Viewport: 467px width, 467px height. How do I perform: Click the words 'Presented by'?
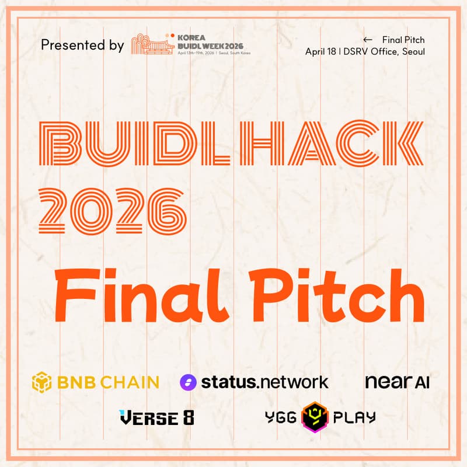click(x=82, y=45)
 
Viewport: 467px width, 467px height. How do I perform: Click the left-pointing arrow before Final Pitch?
click(x=367, y=40)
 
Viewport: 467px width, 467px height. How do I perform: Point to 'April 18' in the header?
click(x=320, y=51)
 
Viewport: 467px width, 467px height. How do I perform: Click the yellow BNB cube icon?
click(x=42, y=382)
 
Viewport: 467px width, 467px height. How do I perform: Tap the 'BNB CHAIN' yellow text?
click(x=108, y=382)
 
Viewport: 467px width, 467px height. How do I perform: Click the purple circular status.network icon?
click(x=189, y=382)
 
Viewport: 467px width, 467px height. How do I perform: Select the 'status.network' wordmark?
click(x=264, y=382)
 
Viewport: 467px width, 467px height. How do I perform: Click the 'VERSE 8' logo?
click(x=156, y=417)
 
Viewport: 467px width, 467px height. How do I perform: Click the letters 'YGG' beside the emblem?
click(x=280, y=417)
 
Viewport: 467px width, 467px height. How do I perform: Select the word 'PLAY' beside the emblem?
click(x=354, y=417)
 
